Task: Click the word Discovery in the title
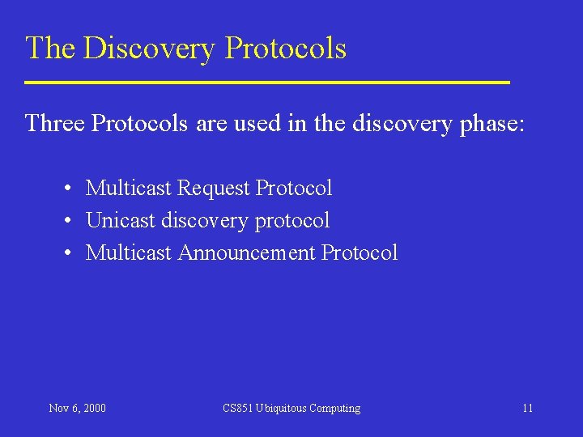click(150, 49)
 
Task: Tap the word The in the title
click(50, 49)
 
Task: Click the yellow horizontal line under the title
click(267, 83)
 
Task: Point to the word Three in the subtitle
click(54, 124)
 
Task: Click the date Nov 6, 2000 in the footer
click(77, 408)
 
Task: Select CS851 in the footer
click(238, 408)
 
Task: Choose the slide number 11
click(527, 408)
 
